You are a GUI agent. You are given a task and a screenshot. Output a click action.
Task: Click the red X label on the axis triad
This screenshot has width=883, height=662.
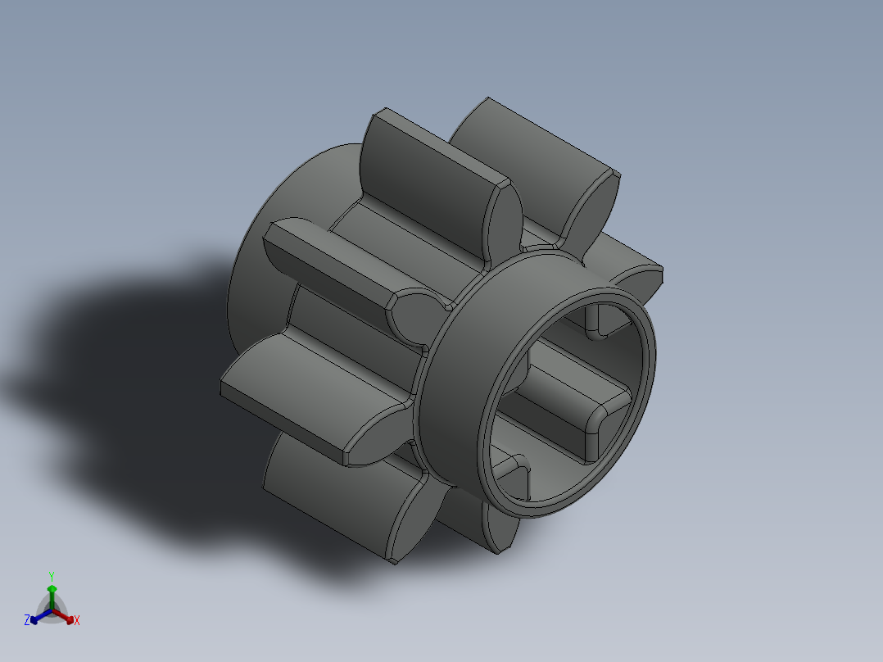pos(77,620)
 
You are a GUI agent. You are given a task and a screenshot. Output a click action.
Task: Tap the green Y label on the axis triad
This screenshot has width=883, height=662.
pos(52,576)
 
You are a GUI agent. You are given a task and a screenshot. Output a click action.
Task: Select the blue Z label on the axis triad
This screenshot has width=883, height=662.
pos(27,620)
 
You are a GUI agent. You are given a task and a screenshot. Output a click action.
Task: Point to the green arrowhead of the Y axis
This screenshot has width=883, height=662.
pos(52,589)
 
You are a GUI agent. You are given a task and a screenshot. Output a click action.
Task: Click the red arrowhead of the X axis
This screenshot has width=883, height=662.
pos(70,617)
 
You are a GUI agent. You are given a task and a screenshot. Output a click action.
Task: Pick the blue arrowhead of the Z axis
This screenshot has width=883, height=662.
pos(34,619)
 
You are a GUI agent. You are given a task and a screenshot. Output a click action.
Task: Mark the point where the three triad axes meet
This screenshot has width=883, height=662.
pos(52,611)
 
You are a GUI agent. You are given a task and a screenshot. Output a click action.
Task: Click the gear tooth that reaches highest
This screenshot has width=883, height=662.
pos(532,135)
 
